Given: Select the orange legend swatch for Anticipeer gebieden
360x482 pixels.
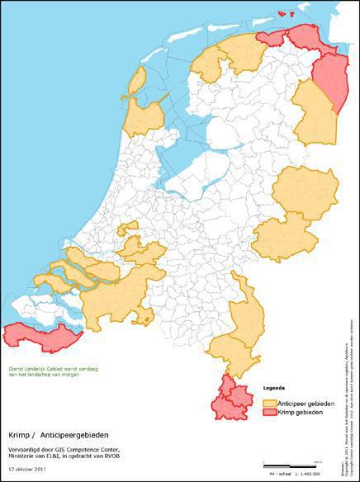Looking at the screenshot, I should (x=270, y=403).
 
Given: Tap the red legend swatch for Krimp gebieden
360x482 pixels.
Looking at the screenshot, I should (x=270, y=411).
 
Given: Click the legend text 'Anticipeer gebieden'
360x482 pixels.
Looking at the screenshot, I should (x=306, y=403).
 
